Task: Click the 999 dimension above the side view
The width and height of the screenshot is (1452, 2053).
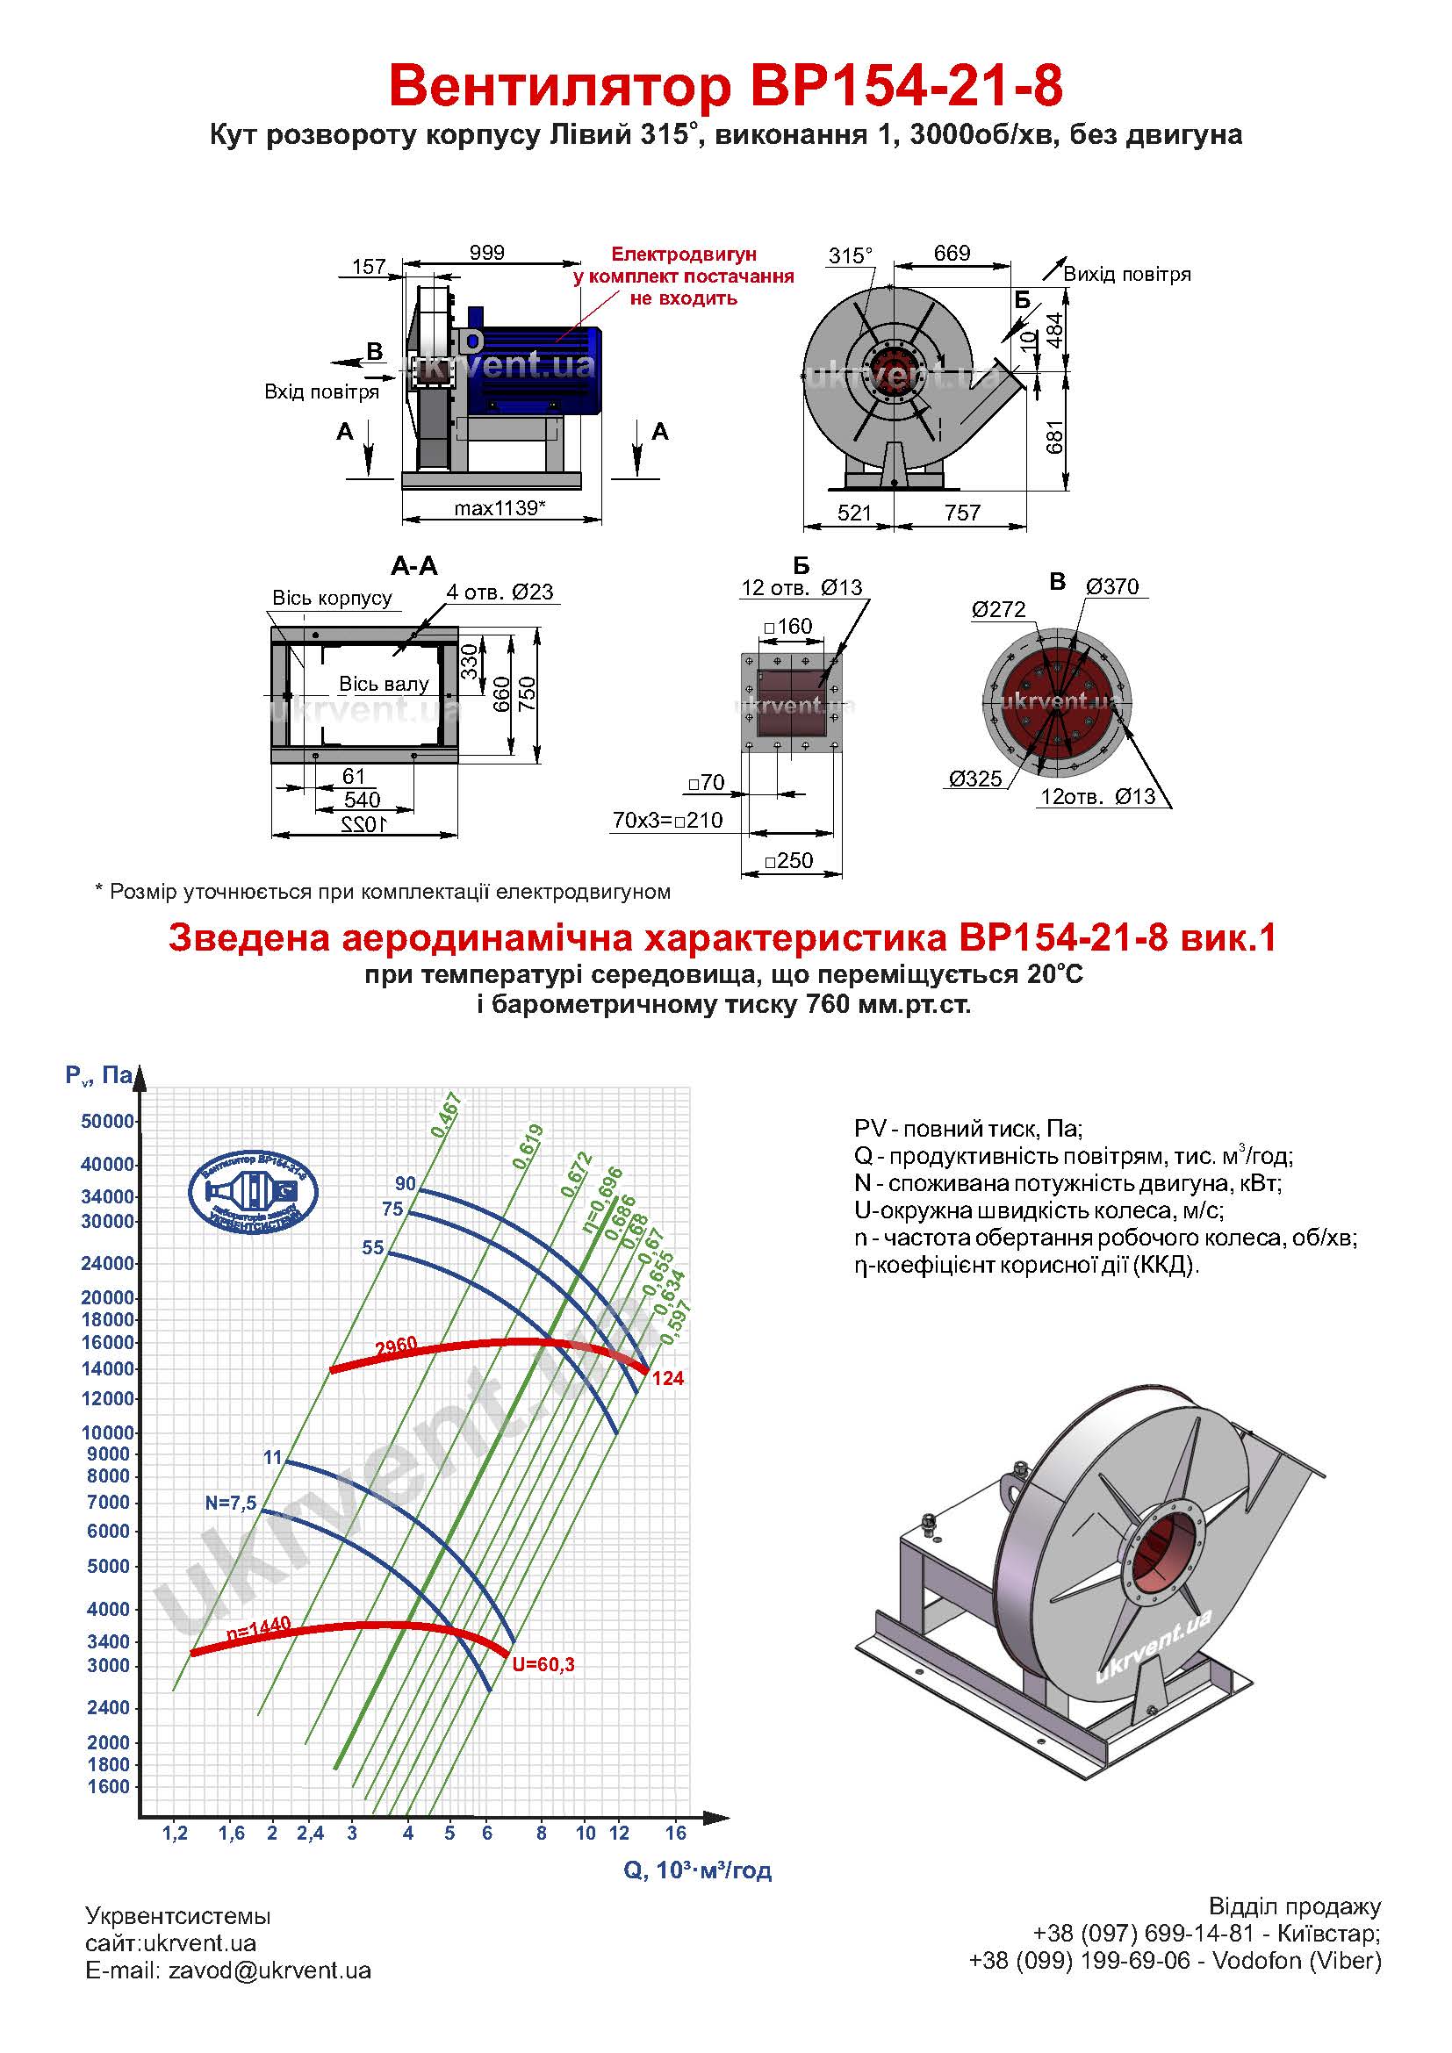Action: pos(487,253)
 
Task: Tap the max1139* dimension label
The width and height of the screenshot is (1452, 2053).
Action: pos(500,508)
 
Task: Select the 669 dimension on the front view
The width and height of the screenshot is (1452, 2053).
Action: pos(952,253)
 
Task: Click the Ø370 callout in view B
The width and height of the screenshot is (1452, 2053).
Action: pos(1112,586)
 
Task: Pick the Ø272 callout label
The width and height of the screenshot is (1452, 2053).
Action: pos(999,610)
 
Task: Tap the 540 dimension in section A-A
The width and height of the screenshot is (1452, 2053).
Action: pos(362,799)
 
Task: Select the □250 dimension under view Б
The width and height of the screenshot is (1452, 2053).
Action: pos(789,860)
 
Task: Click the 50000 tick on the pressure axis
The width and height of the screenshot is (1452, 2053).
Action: pos(107,1121)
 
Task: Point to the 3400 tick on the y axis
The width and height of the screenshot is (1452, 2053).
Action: pos(108,1640)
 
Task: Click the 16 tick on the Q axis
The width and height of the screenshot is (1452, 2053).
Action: pos(676,1832)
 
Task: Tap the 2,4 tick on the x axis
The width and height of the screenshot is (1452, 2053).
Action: pos(310,1832)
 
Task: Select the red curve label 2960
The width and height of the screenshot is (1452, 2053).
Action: pos(396,1346)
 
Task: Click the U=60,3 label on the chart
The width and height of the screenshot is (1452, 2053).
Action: pos(543,1664)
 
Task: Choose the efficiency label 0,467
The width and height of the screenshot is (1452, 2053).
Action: pos(445,1114)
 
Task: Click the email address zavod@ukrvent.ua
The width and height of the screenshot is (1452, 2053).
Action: pos(270,1970)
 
